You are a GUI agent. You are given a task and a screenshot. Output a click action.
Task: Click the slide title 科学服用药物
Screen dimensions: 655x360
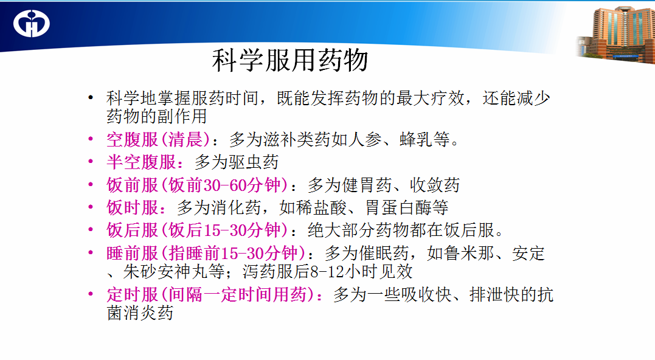(x=290, y=61)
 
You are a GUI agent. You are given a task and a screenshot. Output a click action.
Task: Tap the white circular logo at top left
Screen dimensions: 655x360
(x=32, y=23)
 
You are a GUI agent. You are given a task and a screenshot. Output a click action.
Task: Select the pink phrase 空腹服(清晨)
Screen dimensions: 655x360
(x=158, y=139)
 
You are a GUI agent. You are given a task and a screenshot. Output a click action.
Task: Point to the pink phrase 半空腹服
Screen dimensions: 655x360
(x=141, y=162)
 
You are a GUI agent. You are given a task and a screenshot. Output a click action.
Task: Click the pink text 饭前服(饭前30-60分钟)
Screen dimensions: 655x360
(x=197, y=185)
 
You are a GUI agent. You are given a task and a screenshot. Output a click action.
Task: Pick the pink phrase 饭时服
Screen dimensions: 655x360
(x=133, y=207)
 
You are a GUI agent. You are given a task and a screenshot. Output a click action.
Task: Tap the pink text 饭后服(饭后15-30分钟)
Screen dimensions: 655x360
(x=197, y=230)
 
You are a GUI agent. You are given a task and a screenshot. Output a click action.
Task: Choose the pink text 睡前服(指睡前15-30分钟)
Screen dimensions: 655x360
(x=206, y=253)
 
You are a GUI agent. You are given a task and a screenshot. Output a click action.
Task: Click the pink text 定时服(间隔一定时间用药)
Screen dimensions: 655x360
(x=210, y=294)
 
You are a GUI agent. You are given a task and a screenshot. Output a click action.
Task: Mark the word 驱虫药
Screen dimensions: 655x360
(x=254, y=162)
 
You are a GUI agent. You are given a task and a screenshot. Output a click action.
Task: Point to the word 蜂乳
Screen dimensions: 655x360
(x=417, y=139)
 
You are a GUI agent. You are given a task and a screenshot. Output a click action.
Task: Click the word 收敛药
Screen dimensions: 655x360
(x=434, y=185)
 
